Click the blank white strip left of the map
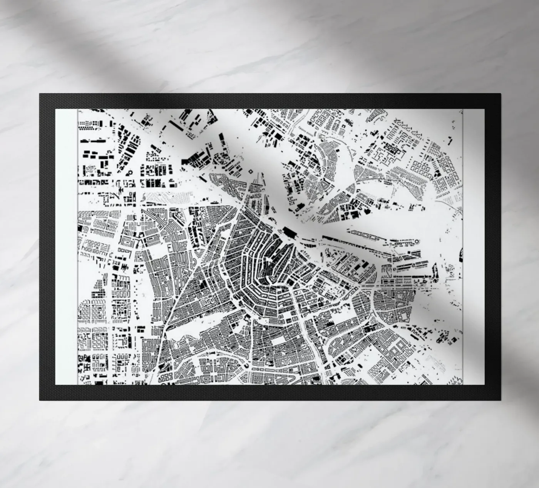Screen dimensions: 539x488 click(66, 246)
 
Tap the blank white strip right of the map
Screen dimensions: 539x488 click(474, 246)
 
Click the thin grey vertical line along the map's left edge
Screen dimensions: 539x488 click(78, 246)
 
